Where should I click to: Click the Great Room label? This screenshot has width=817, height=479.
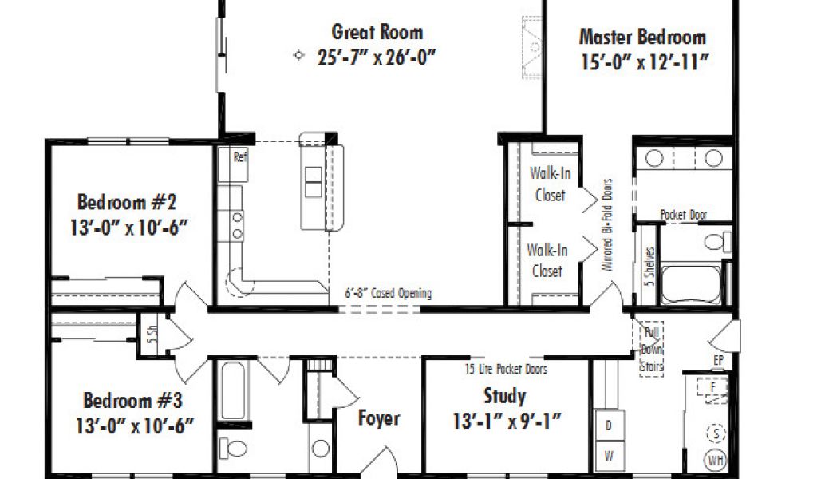pos(377,32)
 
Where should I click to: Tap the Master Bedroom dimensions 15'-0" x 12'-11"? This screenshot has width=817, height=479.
pos(645,62)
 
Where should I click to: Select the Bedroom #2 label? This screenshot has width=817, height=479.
pos(127,202)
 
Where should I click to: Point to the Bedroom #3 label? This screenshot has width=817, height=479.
pos(133,400)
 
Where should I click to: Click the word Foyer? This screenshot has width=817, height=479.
pos(379,418)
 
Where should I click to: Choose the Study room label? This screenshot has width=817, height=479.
pos(504,396)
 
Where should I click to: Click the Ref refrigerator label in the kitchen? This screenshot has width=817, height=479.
pos(240,156)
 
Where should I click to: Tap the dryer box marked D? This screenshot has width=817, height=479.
pos(609,426)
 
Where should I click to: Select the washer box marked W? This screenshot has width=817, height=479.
pos(609,456)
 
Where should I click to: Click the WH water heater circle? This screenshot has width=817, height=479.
pos(716,460)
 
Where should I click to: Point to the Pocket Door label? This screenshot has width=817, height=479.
pos(684,214)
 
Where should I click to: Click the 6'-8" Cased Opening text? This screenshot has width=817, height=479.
pos(389,293)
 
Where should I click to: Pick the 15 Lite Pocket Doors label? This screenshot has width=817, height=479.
pos(506,369)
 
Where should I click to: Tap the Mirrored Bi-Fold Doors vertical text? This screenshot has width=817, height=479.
pos(607,224)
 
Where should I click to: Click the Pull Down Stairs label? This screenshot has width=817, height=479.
pos(651,349)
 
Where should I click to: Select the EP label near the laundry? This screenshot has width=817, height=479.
pos(719,360)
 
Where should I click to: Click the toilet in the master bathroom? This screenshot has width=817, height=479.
pos(717,241)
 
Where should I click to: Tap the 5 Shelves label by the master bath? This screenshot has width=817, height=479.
pos(649,266)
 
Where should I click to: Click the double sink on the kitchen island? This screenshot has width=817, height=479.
pos(313,181)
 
